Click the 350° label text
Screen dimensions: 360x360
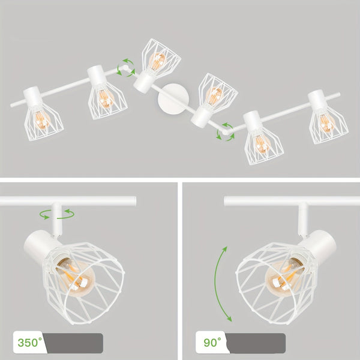coord(30,343)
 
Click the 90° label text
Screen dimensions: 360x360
coord(212,343)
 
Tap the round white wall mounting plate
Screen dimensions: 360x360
coord(173,98)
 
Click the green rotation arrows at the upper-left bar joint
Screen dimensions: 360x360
coord(126,67)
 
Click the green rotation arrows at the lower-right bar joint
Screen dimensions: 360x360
coord(226,132)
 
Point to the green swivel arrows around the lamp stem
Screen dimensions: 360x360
coord(57,214)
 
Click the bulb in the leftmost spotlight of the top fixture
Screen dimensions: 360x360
coord(42,119)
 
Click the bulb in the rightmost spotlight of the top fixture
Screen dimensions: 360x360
coord(327,124)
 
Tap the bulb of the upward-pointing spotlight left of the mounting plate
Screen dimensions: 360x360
coord(157,61)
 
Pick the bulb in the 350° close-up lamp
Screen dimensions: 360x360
coord(76,277)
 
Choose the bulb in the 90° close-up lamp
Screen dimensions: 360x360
coord(285,277)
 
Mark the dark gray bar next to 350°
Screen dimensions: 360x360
coord(73,343)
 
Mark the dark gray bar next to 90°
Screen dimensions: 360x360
coord(256,343)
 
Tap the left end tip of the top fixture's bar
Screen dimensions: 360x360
coord(11,106)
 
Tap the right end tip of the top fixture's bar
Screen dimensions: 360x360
coord(339,95)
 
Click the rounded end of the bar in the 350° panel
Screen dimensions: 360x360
coord(135,201)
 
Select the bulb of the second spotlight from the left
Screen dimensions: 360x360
coord(106,99)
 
